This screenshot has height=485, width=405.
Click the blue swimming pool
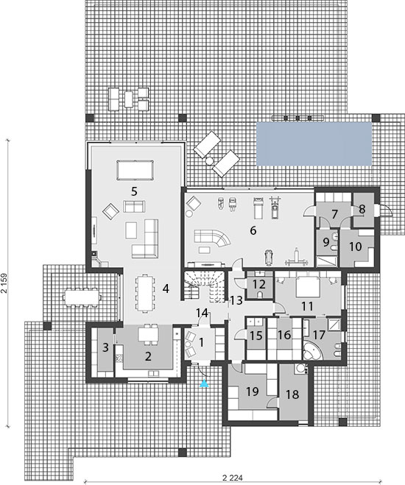[x=314, y=144]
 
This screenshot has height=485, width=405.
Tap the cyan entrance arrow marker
[x=204, y=383]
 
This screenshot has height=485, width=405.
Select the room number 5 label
[x=134, y=191]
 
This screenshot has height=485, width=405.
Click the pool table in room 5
[x=135, y=170]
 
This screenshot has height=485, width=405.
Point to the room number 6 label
[x=253, y=230]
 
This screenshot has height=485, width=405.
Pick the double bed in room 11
[x=306, y=287]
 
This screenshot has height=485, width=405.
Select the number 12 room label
[x=259, y=284]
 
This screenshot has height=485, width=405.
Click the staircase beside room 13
[x=203, y=286]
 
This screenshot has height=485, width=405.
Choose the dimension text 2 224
[x=233, y=478]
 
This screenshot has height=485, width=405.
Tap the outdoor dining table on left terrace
[x=82, y=298]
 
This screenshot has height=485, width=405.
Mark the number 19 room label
[x=253, y=392]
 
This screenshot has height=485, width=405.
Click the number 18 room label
[x=292, y=394]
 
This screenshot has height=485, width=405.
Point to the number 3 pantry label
[x=105, y=347]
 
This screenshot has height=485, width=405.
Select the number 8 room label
[x=362, y=210]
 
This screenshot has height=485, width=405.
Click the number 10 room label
[x=356, y=247]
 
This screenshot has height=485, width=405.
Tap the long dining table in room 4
[x=145, y=294]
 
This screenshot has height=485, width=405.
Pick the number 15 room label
[x=256, y=336]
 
